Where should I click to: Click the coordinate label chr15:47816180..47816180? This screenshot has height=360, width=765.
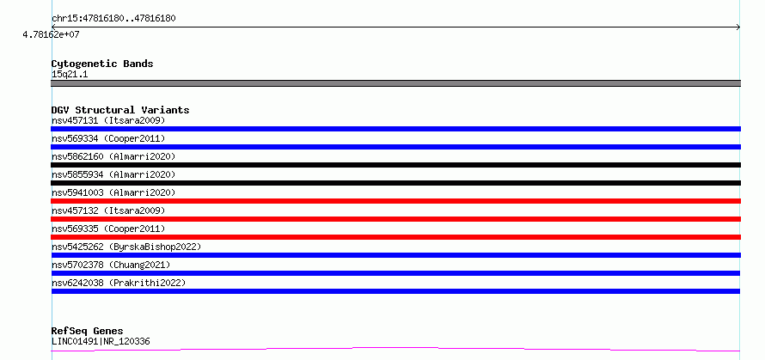click(113, 19)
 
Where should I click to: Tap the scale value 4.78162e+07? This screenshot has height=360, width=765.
click(51, 34)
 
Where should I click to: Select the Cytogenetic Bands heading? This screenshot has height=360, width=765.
click(102, 64)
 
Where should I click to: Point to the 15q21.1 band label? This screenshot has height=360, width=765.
click(70, 75)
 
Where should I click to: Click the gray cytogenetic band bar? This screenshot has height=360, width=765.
click(395, 83)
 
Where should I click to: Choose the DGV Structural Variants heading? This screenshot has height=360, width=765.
click(120, 110)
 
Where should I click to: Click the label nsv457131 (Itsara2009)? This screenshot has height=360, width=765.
click(108, 120)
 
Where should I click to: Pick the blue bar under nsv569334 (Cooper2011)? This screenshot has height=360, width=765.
click(395, 147)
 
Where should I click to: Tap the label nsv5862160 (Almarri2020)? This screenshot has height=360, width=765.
click(113, 156)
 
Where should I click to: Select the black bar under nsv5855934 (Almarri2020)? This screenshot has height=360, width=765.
click(395, 183)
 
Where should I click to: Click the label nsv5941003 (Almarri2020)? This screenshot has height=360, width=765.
click(113, 192)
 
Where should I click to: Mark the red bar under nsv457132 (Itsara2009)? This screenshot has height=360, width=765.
click(395, 219)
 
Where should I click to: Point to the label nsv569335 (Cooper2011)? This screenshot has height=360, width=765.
click(108, 229)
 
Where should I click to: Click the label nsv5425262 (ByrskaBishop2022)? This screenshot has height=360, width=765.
click(126, 247)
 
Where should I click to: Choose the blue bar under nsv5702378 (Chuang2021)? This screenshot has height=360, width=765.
click(395, 273)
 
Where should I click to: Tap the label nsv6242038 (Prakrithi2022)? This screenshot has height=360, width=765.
click(119, 283)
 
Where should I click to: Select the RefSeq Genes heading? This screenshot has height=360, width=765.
click(88, 332)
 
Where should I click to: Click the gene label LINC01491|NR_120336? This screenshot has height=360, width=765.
click(101, 341)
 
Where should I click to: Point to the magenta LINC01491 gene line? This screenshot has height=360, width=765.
click(395, 349)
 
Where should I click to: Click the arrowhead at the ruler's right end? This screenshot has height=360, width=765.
click(738, 27)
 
